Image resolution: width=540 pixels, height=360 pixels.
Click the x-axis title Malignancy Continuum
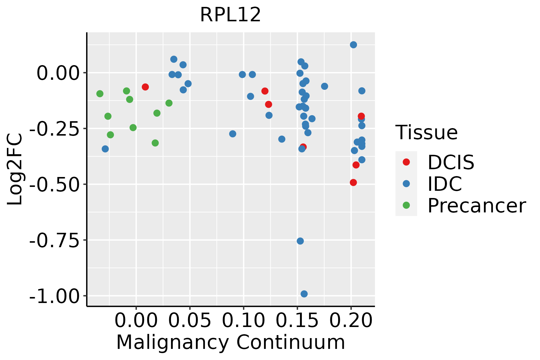[x=230, y=342]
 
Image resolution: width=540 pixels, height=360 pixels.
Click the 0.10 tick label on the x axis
[x=244, y=321]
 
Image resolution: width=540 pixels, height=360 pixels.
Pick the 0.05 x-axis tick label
[x=190, y=321]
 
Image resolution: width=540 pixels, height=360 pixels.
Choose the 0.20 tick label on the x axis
[x=351, y=321]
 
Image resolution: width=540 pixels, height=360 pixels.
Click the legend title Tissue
[x=427, y=132]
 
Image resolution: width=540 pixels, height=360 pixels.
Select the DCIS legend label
[x=451, y=162]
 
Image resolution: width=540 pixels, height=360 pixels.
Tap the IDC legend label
[x=445, y=184]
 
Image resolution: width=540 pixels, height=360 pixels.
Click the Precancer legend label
[x=477, y=205]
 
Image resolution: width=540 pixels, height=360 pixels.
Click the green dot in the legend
[x=406, y=205]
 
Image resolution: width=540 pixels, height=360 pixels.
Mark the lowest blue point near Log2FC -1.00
[x=304, y=294]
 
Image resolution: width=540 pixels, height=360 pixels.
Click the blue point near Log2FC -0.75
[x=300, y=241]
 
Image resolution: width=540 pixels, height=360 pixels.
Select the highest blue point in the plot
[x=353, y=45]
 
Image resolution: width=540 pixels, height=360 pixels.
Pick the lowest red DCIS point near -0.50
[x=353, y=182]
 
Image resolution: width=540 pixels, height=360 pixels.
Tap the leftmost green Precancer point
[x=100, y=94]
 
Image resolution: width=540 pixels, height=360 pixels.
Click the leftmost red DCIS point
[x=145, y=87]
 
